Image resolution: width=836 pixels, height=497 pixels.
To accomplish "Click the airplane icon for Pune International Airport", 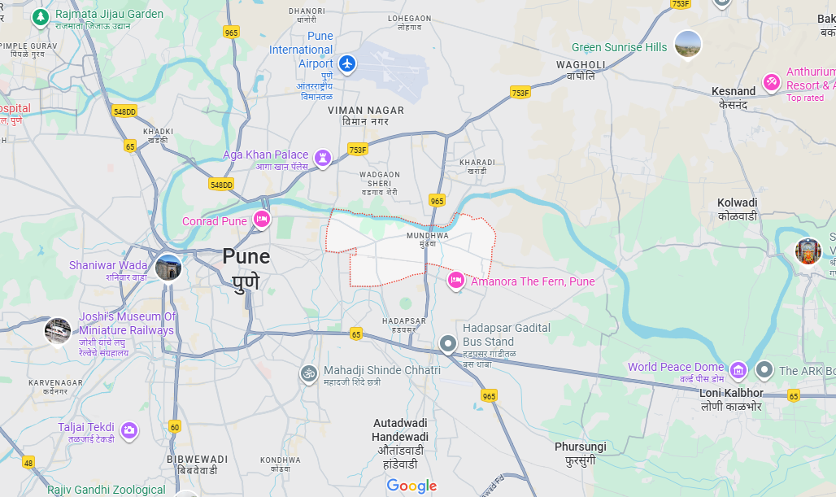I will [348, 63].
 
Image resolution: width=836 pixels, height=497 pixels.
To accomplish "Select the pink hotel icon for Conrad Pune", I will [261, 219].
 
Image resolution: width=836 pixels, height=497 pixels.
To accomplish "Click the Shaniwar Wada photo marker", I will [168, 267].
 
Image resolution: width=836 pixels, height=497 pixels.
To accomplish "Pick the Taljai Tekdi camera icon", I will [129, 429].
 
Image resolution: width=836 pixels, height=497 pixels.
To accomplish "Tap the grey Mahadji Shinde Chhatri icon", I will [308, 373].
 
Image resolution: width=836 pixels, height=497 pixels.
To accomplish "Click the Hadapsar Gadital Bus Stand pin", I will [447, 344].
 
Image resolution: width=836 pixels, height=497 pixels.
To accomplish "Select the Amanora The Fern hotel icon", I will [456, 281].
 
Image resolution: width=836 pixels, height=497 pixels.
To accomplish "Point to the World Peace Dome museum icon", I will [738, 370].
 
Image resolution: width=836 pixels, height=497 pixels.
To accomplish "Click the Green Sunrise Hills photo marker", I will [688, 44].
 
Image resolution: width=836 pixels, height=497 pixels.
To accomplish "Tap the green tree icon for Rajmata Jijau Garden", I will [41, 17].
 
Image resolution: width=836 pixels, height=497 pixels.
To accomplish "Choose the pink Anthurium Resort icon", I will [771, 82].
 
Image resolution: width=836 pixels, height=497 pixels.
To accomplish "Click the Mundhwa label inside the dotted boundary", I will [428, 236].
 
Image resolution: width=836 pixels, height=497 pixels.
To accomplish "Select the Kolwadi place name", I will [737, 209].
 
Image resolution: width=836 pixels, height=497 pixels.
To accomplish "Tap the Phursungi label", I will [581, 453].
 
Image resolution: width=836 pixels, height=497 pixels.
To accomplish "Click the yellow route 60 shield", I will [175, 426].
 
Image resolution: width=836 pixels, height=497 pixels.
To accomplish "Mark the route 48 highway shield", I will [29, 463].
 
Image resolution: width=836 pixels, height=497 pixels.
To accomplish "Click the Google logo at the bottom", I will [411, 486].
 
